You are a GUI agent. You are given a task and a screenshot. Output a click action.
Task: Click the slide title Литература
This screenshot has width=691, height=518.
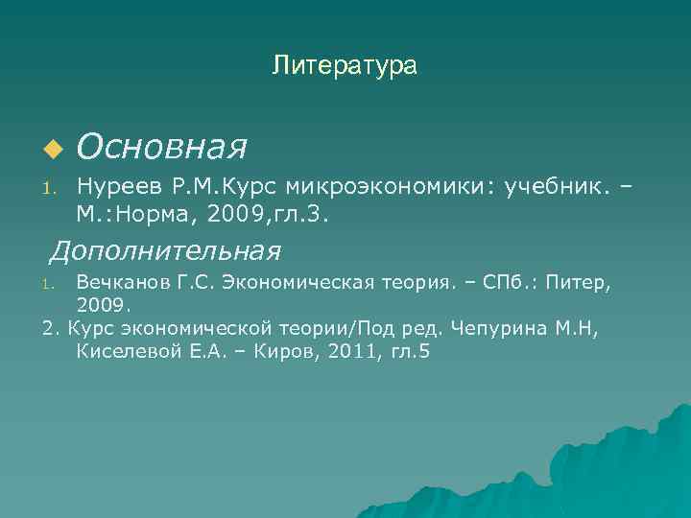pyautogui.click(x=345, y=66)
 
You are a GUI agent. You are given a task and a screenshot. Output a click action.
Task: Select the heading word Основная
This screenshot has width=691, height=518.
pyautogui.click(x=162, y=147)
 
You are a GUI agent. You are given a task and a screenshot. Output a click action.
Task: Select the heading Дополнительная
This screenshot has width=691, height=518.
pyautogui.click(x=165, y=251)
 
